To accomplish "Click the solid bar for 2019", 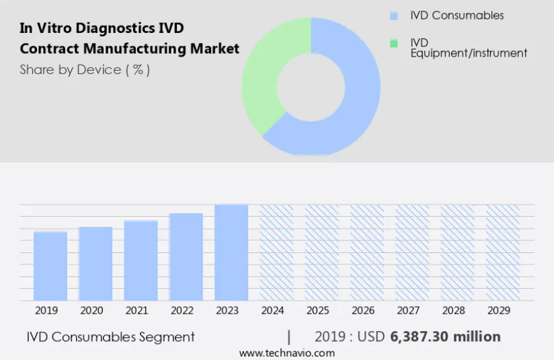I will (x=50, y=266).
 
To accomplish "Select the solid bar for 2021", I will (x=141, y=260).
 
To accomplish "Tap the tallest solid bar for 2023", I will (x=231, y=252).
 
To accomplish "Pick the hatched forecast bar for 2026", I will (x=367, y=252).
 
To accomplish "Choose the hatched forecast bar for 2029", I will (x=503, y=252).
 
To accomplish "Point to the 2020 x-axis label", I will (x=91, y=310).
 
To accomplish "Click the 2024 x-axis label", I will (x=273, y=310).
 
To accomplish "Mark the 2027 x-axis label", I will (x=409, y=310).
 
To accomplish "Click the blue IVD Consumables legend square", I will (x=394, y=15).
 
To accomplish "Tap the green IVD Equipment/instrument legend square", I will (x=394, y=43).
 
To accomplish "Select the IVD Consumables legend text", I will (x=457, y=15).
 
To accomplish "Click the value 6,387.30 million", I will (x=445, y=336).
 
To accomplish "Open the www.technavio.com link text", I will (x=286, y=353).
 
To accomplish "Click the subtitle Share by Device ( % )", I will (x=85, y=69).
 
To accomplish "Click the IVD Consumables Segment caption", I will (x=111, y=336).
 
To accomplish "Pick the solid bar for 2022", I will (x=186, y=256).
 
